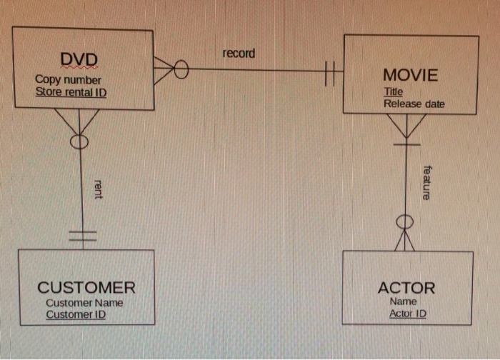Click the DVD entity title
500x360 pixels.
coord(79,58)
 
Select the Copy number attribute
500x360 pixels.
coord(68,80)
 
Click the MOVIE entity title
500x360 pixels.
coord(410,75)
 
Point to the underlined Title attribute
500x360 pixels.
coord(393,91)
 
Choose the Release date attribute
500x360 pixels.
coord(414,104)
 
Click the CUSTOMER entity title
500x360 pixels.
coord(86,288)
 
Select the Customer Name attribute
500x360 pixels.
coord(84,302)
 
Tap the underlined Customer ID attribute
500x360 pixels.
coord(76,314)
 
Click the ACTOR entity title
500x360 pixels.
coord(406,288)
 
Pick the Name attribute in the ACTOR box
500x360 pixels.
coord(404,301)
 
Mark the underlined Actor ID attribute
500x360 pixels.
coord(408,314)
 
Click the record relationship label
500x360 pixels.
coord(238,54)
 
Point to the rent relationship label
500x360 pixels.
coord(97,189)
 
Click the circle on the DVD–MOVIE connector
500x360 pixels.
coord(181,70)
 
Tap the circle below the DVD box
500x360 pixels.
coord(79,141)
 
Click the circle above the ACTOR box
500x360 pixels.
coord(405,221)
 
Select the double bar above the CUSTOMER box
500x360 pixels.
coord(82,236)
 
